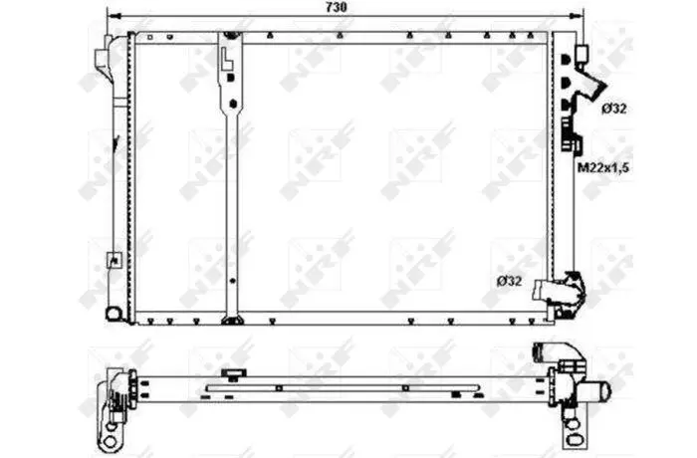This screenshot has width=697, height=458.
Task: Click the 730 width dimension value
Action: click(337, 7)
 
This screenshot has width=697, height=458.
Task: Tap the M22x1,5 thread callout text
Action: click(603, 167)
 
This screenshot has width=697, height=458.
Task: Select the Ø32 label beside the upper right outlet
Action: click(614, 109)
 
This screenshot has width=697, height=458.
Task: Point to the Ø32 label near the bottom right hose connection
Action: click(510, 281)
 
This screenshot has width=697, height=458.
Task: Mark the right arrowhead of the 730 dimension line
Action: click(577, 16)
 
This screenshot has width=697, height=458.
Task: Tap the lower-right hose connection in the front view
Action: click(560, 292)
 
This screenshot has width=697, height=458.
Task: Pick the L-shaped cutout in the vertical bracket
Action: click(227, 59)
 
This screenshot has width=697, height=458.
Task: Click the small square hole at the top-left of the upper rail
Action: click(149, 38)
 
